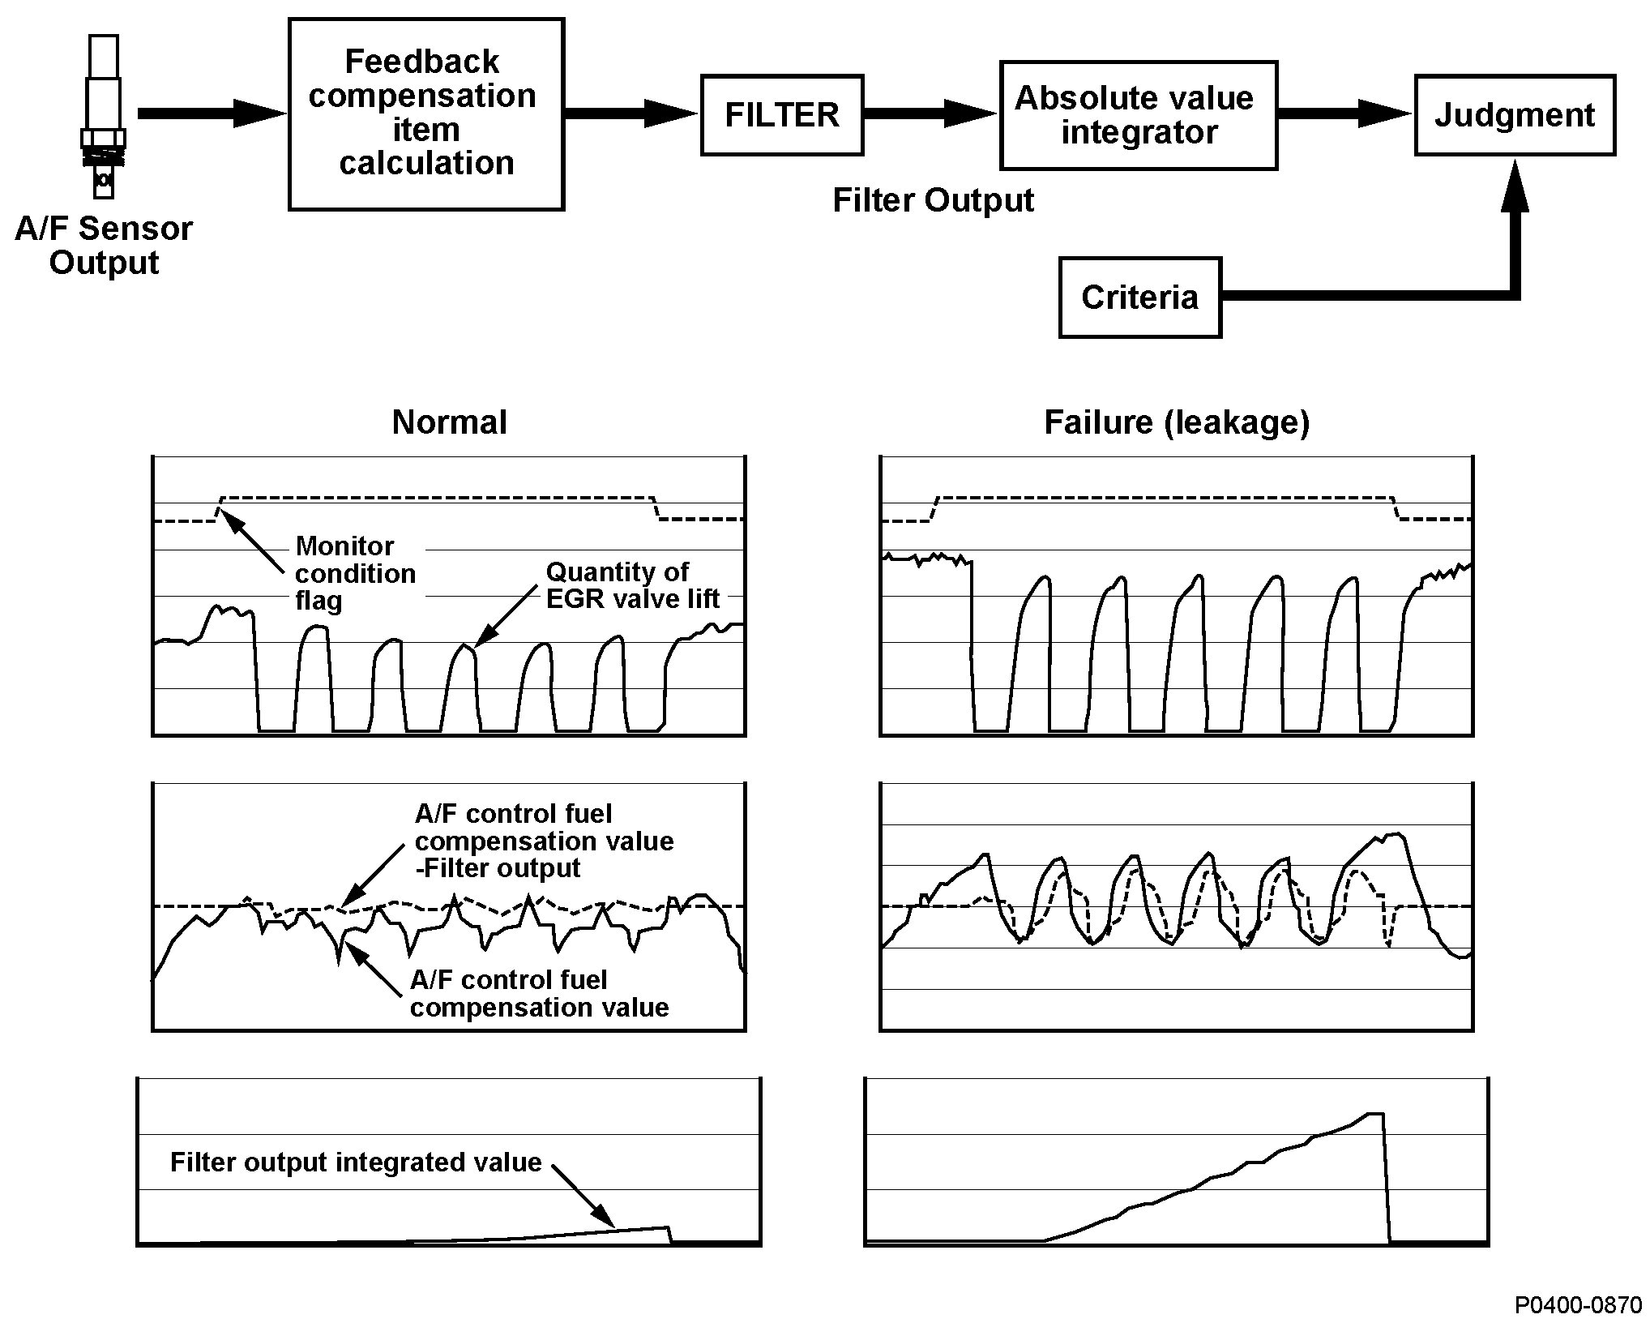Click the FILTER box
[781, 115]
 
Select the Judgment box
[1514, 115]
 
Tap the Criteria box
[1139, 298]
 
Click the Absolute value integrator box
[1138, 115]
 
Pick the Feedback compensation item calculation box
[426, 114]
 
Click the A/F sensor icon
[104, 115]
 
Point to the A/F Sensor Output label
[104, 246]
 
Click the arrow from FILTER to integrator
[930, 113]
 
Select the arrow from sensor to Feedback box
[212, 113]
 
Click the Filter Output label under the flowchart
[933, 200]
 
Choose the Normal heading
[449, 422]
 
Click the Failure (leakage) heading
[1177, 422]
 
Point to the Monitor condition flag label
[355, 573]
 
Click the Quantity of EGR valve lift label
[632, 585]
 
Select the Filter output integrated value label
[356, 1162]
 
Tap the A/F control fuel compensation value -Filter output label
[544, 841]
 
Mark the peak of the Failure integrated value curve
[1374, 1115]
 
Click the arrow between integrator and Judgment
[1344, 113]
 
